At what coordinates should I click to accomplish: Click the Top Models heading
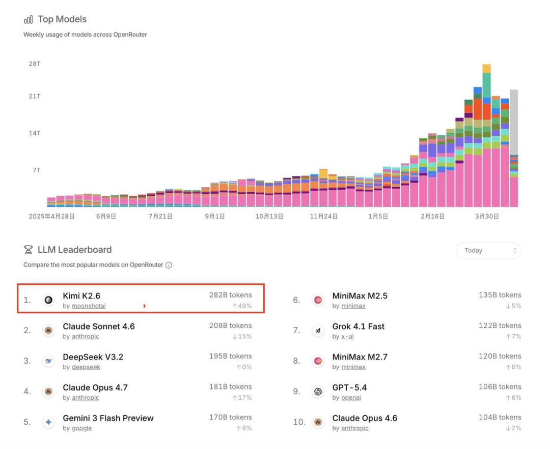[x=62, y=19]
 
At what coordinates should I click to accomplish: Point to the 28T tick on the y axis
[x=35, y=64]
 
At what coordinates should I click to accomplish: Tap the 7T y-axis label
[x=37, y=170]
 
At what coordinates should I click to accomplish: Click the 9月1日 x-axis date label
[x=215, y=216]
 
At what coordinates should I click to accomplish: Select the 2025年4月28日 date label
[x=52, y=216]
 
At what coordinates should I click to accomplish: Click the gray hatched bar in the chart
[x=514, y=122]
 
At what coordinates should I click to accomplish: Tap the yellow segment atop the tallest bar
[x=486, y=69]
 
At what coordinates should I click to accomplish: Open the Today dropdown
[x=489, y=250]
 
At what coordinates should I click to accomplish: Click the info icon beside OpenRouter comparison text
[x=169, y=265]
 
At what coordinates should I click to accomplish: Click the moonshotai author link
[x=89, y=306]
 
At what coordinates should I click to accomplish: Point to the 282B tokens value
[x=230, y=295]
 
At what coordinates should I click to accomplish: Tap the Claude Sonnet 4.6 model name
[x=99, y=326]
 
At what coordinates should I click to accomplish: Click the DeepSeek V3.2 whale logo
[x=49, y=361]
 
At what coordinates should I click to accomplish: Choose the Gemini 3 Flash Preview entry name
[x=108, y=418]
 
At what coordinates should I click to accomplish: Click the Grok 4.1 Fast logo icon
[x=318, y=331]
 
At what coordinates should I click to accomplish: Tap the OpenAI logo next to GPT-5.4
[x=318, y=392]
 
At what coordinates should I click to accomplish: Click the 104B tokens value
[x=500, y=417]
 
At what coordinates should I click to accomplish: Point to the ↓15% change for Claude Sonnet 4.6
[x=242, y=337]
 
